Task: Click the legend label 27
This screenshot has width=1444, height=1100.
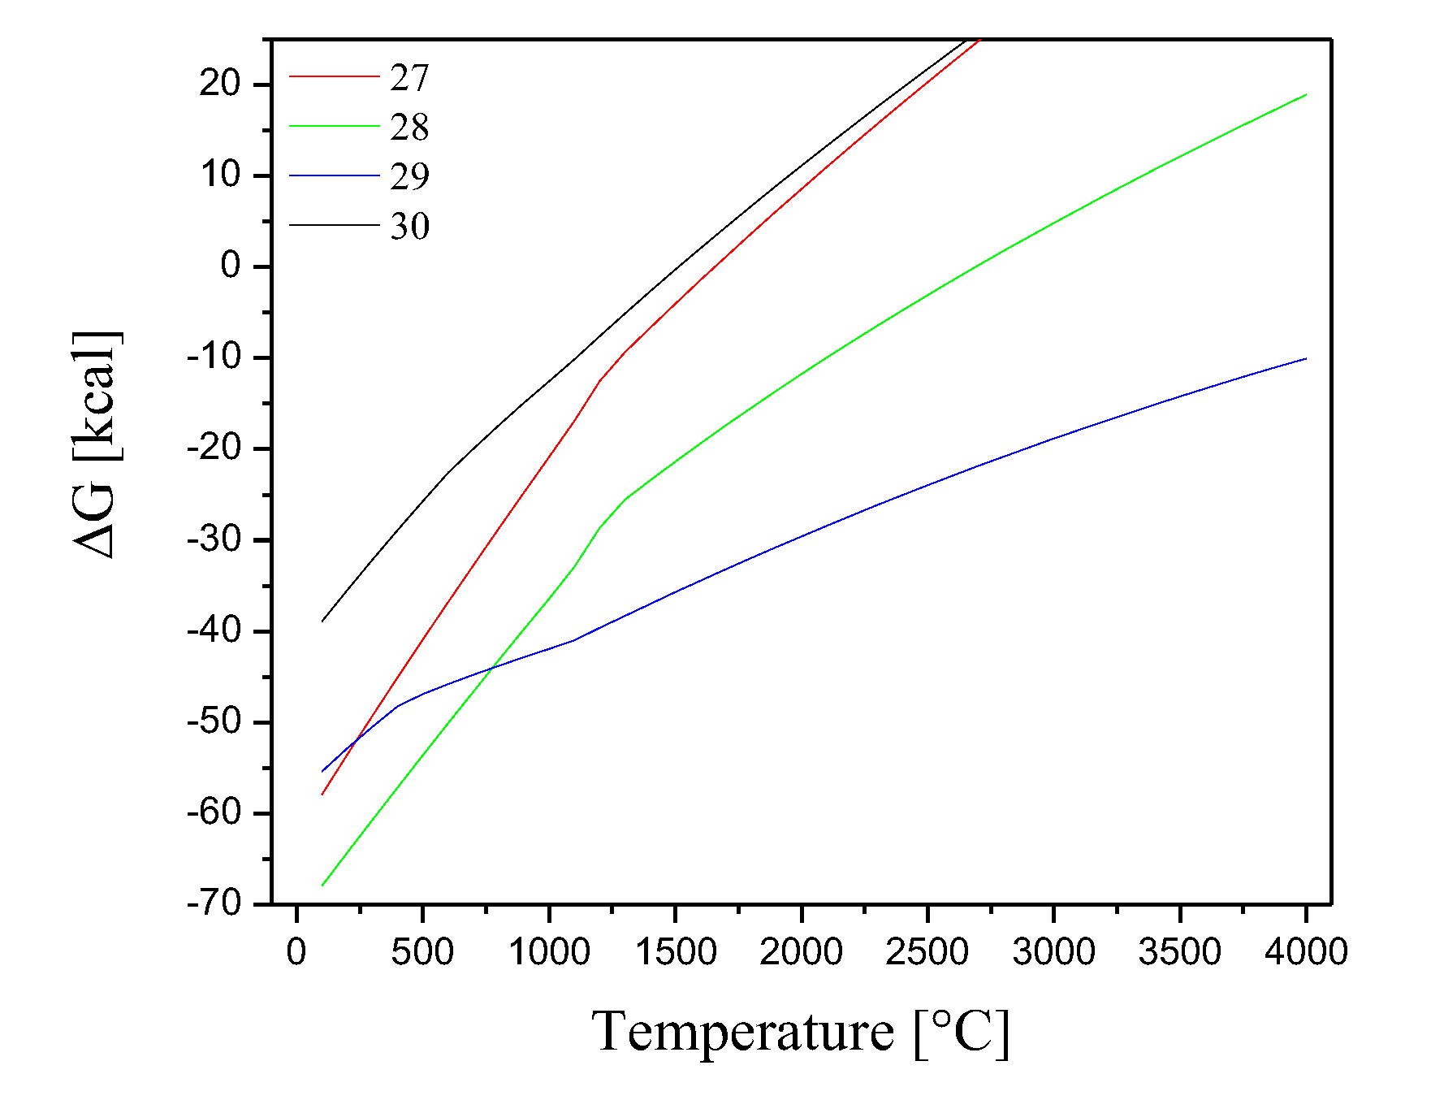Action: [x=409, y=78]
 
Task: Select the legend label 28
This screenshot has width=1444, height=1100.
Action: [x=409, y=128]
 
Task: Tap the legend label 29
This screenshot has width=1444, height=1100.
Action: [x=409, y=176]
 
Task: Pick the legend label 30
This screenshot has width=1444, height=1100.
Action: [x=409, y=226]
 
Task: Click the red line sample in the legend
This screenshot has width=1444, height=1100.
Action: [x=334, y=76]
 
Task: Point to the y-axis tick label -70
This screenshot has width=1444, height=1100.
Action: [x=214, y=903]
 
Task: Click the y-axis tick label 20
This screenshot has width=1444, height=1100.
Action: [x=221, y=84]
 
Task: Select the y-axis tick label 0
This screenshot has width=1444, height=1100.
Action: [x=231, y=266]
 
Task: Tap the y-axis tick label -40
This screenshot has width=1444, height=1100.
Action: [x=214, y=630]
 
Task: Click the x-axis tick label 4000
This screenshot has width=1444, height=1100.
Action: [x=1306, y=952]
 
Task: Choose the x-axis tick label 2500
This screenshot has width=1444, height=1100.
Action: [x=927, y=952]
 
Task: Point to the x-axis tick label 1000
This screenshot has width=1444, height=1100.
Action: [x=549, y=952]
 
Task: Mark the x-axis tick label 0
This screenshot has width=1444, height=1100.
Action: [x=296, y=952]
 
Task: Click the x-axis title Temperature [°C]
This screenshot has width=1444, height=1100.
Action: [x=801, y=1032]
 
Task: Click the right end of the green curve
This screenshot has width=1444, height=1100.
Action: [x=1306, y=95]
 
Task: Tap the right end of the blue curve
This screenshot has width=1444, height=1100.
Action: [x=1306, y=358]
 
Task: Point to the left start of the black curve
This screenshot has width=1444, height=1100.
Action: [x=322, y=621]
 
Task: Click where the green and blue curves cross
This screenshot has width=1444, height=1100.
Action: [x=491, y=668]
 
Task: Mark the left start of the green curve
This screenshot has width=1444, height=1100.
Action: [x=322, y=885]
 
